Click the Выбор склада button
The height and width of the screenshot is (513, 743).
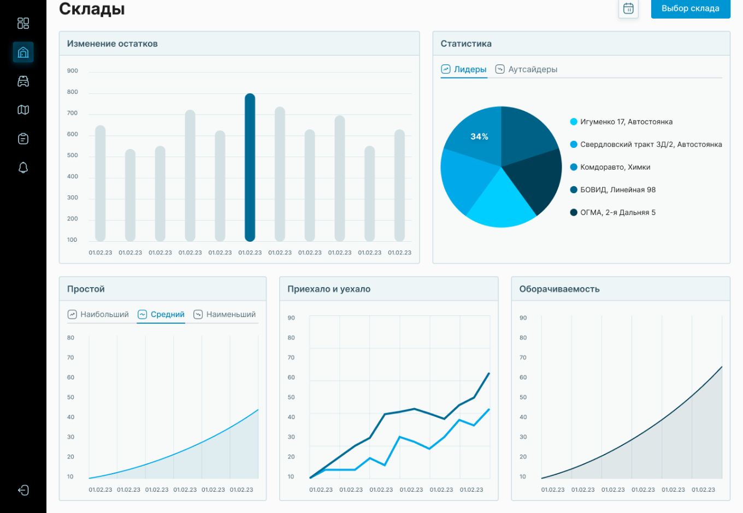(690, 9)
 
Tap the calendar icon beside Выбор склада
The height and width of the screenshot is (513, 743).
(628, 9)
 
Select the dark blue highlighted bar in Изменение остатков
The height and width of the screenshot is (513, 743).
(250, 167)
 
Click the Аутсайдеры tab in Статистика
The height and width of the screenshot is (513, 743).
(526, 69)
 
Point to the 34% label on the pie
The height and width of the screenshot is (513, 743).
(479, 136)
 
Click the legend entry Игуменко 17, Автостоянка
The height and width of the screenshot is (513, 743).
(626, 122)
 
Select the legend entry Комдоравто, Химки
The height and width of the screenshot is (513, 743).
(615, 167)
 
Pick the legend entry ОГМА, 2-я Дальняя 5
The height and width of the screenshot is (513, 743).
(617, 212)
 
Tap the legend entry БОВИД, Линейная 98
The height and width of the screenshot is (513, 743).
(617, 190)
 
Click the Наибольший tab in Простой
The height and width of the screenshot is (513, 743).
(98, 314)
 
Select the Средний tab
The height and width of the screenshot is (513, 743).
(161, 314)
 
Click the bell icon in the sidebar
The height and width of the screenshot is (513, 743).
(23, 168)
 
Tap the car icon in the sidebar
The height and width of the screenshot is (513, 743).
(23, 81)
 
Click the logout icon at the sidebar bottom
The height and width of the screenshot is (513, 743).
(23, 490)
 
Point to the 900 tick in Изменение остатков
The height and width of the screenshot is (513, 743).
(73, 71)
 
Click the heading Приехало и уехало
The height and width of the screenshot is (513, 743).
(329, 289)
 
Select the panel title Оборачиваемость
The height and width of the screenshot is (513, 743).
(559, 289)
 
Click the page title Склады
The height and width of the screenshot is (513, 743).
(92, 9)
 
